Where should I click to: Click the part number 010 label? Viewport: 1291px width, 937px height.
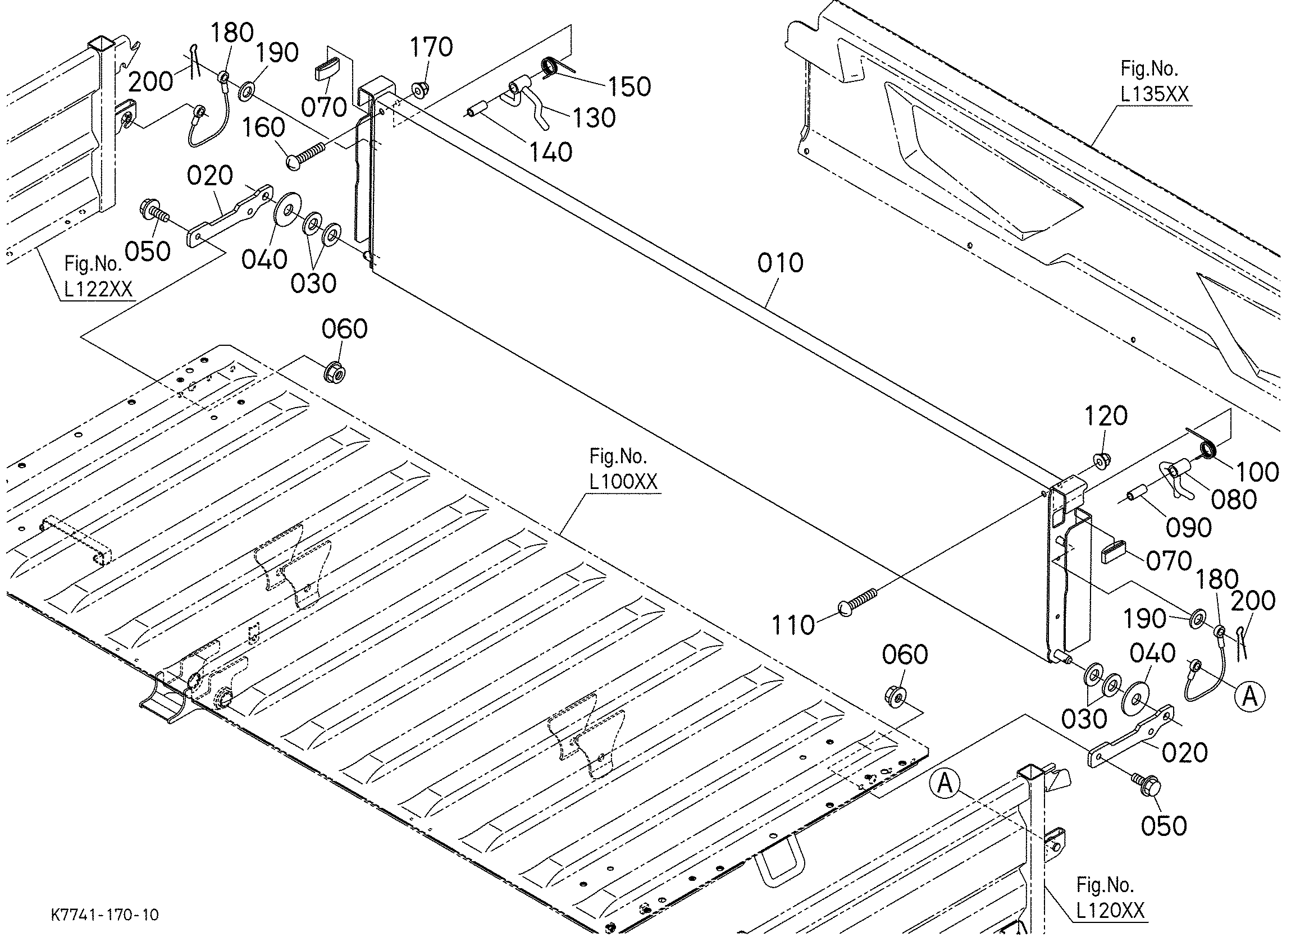(x=781, y=263)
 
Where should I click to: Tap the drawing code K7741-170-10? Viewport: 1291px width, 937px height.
(x=106, y=915)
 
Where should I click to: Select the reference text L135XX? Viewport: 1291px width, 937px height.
(x=1155, y=94)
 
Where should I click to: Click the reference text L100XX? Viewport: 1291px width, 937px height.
(x=623, y=482)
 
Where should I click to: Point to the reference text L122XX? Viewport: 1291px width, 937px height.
(x=98, y=289)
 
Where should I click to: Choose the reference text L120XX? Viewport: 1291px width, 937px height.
(x=1110, y=911)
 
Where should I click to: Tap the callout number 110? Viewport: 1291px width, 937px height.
(x=793, y=625)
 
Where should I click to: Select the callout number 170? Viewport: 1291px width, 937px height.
(x=431, y=47)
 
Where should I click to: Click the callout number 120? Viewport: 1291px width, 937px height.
(x=1106, y=416)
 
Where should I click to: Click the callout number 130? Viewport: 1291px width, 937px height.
(x=594, y=118)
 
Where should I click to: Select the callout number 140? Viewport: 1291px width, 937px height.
(x=550, y=152)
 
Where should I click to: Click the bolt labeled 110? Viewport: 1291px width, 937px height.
(x=859, y=602)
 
